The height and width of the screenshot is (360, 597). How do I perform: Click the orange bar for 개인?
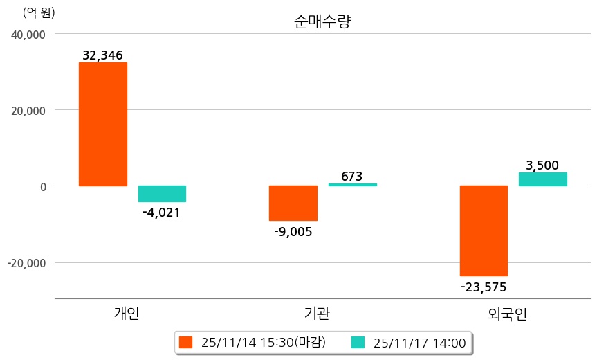(x=102, y=124)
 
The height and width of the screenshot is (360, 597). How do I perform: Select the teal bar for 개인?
(x=162, y=194)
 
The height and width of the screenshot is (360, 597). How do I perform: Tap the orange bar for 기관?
(x=293, y=203)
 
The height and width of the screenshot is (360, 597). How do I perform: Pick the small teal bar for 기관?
(x=352, y=185)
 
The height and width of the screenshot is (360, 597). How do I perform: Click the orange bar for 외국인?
(x=484, y=231)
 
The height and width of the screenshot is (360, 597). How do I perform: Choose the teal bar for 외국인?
(x=542, y=179)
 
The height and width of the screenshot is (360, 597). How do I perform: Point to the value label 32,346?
(x=102, y=55)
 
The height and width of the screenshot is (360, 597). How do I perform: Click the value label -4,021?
(x=161, y=213)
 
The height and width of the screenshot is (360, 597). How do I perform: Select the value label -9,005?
(x=293, y=232)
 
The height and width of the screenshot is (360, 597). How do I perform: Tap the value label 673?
(x=352, y=177)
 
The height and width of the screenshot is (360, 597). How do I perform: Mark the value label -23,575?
(x=484, y=287)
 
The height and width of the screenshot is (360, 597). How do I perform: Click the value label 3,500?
(x=542, y=165)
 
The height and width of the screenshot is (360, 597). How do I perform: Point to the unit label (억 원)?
(x=39, y=12)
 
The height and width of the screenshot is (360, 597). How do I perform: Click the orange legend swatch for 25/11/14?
(x=185, y=342)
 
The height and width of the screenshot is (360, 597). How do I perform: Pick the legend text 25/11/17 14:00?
(x=419, y=342)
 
